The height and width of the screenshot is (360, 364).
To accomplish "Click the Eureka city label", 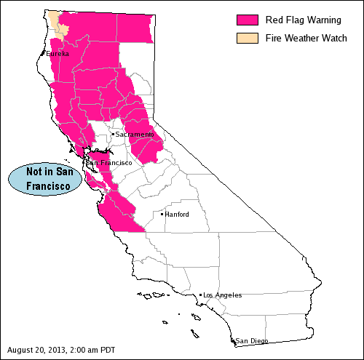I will [58, 54].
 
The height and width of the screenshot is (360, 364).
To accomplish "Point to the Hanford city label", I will [177, 215].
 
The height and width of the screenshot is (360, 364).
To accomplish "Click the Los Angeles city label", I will [223, 295].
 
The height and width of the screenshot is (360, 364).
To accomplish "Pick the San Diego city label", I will [252, 341].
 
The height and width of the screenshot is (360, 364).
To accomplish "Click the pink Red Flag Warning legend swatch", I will [248, 20].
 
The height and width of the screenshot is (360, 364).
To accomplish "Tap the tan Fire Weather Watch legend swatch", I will [248, 38].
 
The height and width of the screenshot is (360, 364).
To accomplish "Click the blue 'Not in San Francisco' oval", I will [43, 179].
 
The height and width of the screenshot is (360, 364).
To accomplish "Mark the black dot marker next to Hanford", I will [162, 214].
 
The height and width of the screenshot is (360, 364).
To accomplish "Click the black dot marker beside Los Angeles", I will [200, 295].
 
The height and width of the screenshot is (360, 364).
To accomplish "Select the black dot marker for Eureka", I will [44, 52].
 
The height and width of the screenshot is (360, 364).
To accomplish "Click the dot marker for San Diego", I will [233, 340].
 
